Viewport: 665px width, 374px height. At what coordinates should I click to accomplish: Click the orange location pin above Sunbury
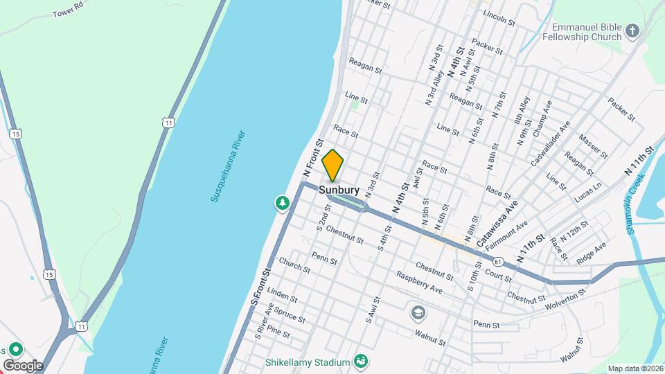(333, 165)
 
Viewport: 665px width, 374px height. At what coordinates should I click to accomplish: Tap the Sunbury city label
(339, 189)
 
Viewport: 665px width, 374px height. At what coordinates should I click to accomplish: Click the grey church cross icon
(632, 30)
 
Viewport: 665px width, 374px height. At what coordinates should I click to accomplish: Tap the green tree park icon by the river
(282, 203)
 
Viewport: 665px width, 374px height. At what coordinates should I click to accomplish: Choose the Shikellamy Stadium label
(308, 362)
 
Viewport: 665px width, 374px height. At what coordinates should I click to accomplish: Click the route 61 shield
(498, 261)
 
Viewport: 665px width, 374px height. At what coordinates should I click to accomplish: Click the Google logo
(22, 365)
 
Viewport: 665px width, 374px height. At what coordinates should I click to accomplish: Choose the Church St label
(294, 265)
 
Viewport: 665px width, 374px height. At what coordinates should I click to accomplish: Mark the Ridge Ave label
(591, 251)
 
